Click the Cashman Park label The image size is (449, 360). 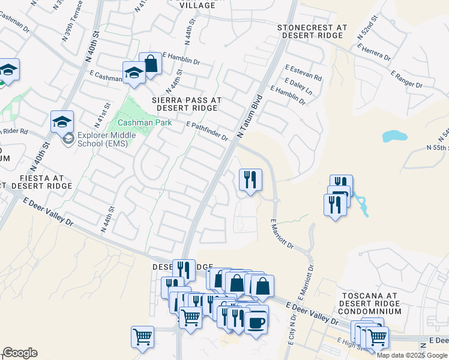point(144,122)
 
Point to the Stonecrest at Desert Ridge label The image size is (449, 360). point(312,32)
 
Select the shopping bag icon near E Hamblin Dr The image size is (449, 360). point(150,64)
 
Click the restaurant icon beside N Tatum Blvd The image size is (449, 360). point(250,179)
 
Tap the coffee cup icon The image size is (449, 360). point(256,322)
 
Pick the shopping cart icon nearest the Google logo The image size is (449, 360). point(143,337)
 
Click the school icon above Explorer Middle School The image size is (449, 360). point(62,122)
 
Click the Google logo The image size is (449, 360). point(20,353)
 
